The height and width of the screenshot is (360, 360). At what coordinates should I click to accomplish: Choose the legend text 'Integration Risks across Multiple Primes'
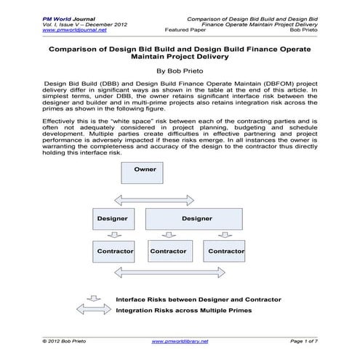pyautogui.click(x=183, y=311)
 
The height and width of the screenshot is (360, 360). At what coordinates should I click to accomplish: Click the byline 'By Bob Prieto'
pyautogui.click(x=180, y=73)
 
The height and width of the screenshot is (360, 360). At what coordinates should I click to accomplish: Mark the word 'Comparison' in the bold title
pyautogui.click(x=76, y=51)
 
